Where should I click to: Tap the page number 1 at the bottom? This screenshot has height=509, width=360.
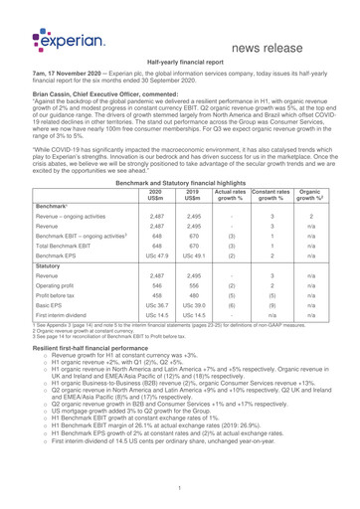point(180,489)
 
